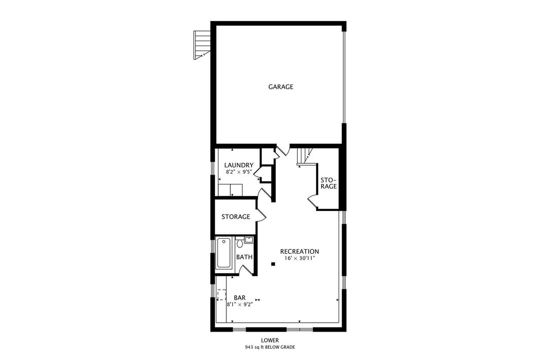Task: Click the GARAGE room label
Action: (x=281, y=87)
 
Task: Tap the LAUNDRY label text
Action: (x=238, y=165)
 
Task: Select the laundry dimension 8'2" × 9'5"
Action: (x=238, y=172)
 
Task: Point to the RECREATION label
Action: (x=299, y=252)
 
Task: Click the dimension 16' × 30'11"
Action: (x=300, y=258)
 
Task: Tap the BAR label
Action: (x=239, y=298)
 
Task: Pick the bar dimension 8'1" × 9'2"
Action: (x=239, y=305)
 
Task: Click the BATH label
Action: (x=244, y=257)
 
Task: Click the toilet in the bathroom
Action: (x=239, y=242)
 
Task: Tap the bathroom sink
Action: (x=249, y=240)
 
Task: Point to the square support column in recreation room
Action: (x=273, y=264)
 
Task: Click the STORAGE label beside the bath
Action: (x=236, y=217)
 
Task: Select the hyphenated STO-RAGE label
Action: (x=328, y=183)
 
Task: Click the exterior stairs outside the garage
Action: (x=202, y=45)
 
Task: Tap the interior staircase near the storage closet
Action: (x=305, y=157)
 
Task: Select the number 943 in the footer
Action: (x=249, y=347)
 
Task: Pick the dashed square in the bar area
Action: (x=221, y=294)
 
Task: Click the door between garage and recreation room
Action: (x=283, y=150)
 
